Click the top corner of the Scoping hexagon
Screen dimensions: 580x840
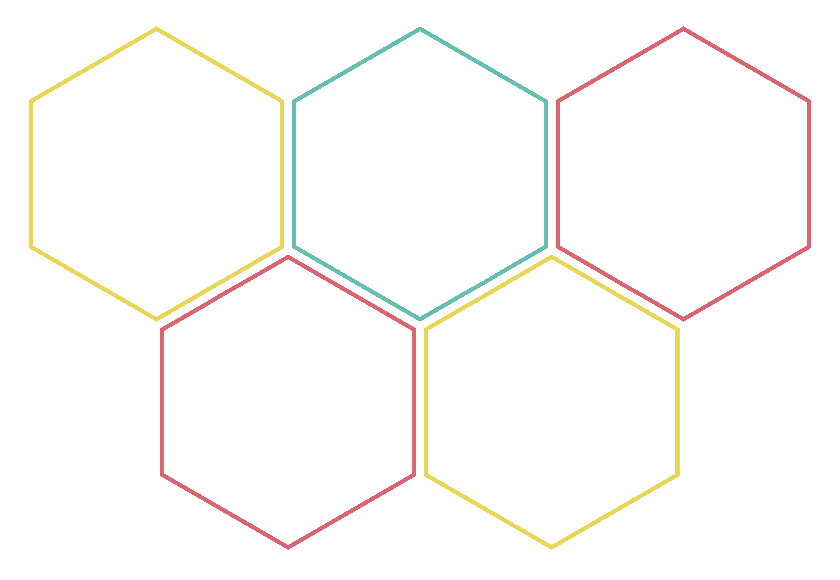(x=156, y=29)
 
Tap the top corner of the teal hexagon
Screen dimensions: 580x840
(x=420, y=29)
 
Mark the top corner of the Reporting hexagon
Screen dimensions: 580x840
(x=683, y=29)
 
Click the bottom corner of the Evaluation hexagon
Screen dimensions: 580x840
(x=288, y=547)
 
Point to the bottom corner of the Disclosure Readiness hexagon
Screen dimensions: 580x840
(x=551, y=547)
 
